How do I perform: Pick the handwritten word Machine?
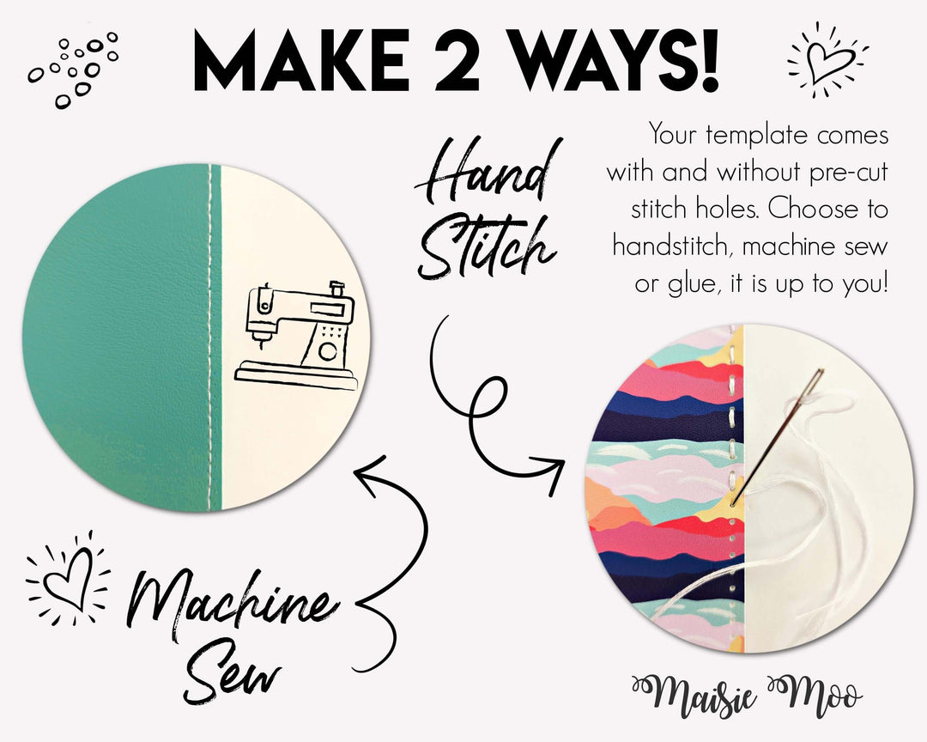coord(228,600)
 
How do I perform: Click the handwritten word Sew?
coord(233,678)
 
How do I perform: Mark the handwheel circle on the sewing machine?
coord(327,351)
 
